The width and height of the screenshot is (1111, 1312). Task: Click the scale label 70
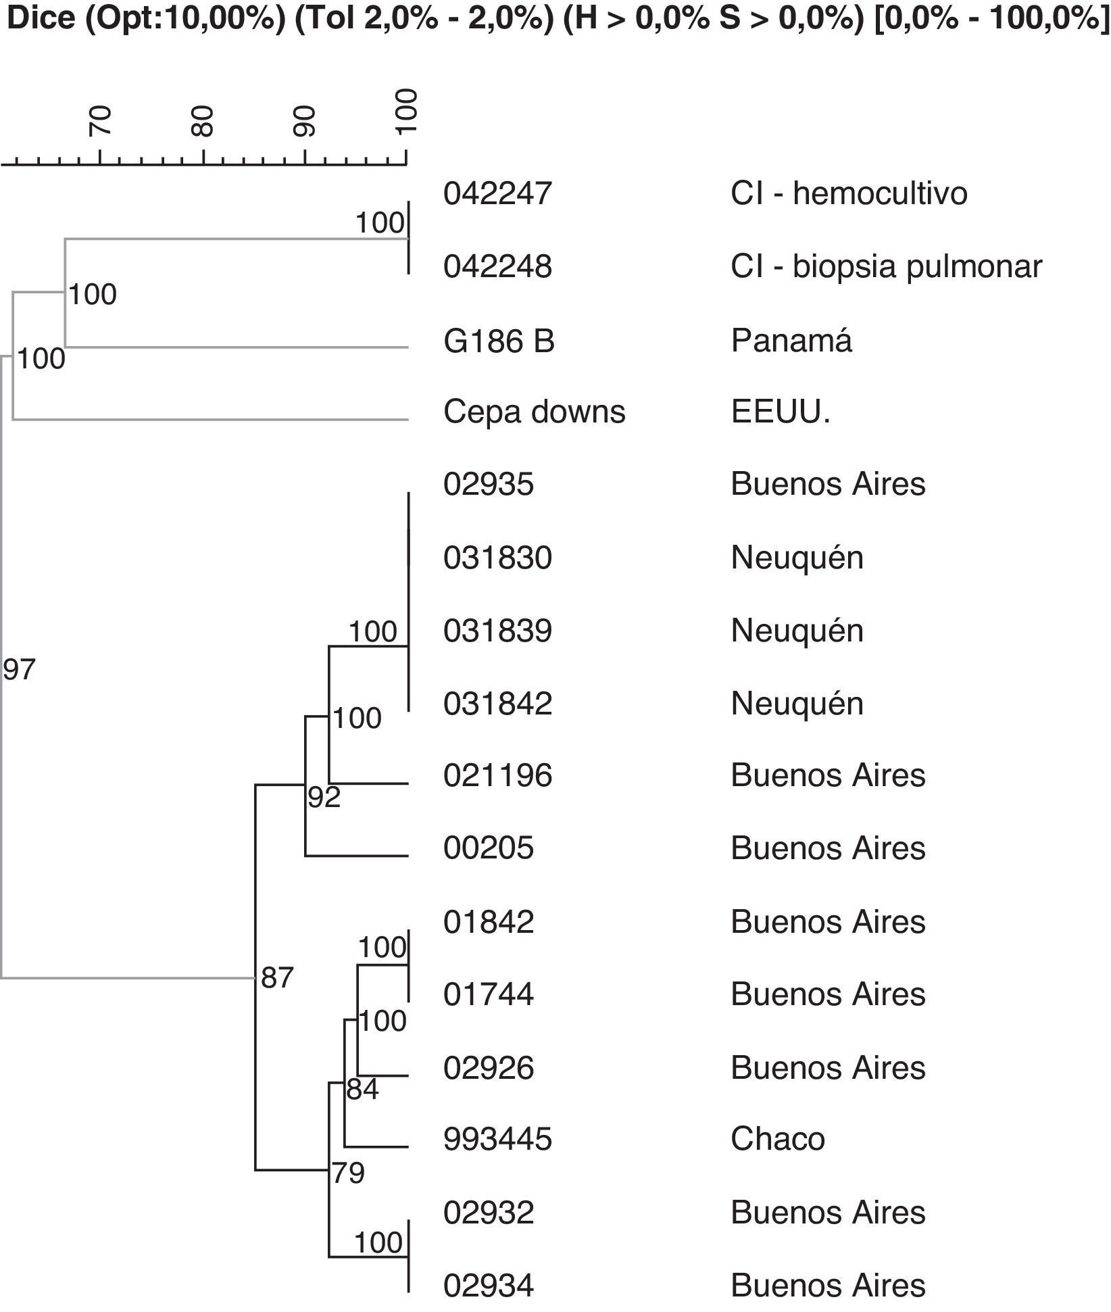pos(101,122)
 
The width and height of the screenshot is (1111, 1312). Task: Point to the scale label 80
pos(202,122)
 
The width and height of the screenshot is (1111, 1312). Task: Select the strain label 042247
pos(497,194)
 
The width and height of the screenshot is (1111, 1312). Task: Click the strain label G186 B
pos(499,341)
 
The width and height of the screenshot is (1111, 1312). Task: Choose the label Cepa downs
pos(534,412)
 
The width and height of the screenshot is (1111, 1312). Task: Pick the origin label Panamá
pos(791,341)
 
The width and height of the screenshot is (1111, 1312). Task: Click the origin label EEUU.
pos(780,412)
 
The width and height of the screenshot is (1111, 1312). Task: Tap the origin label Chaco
pos(777,1139)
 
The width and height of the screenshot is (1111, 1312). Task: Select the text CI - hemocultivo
pos(849,194)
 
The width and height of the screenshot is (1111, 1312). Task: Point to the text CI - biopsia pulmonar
pos(886,267)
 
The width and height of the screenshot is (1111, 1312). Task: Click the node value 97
pos(19,670)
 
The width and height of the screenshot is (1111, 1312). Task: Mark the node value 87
pos(277,977)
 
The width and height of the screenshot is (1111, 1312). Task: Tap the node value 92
pos(324,798)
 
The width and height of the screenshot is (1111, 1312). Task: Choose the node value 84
pos(363,1090)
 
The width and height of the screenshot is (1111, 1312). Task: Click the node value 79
pos(349,1173)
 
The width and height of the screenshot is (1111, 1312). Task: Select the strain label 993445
pos(497,1139)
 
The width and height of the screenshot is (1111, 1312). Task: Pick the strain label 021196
pos(497,775)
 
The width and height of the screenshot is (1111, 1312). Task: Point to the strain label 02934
pos(489,1285)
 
